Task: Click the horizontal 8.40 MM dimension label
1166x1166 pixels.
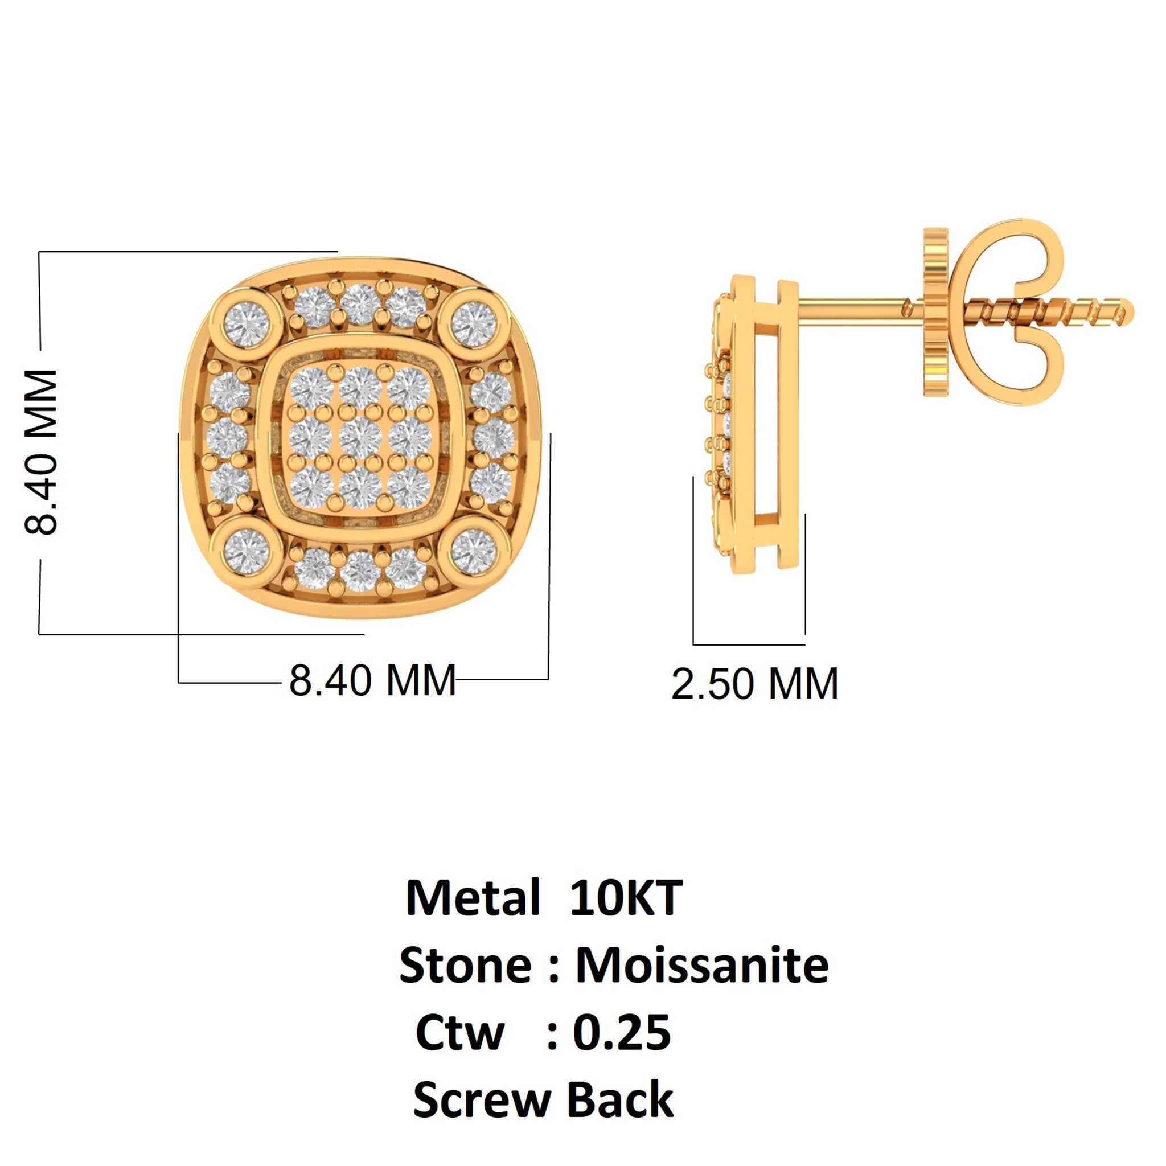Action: pos(372,681)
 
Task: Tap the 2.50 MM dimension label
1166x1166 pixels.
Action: pos(754,684)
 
